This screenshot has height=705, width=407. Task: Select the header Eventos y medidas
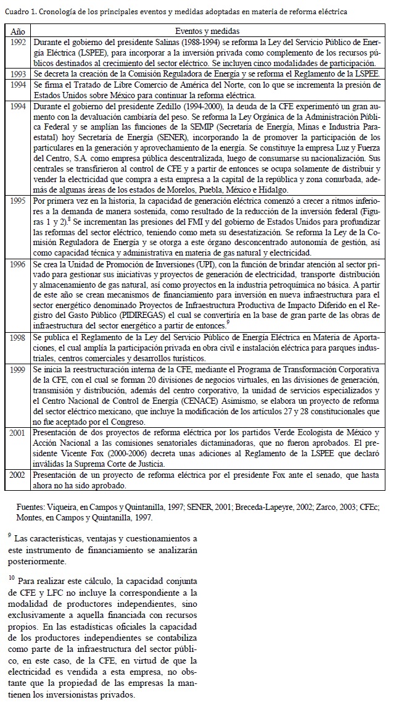(207, 30)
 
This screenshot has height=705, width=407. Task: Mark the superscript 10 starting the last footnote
(12, 578)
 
